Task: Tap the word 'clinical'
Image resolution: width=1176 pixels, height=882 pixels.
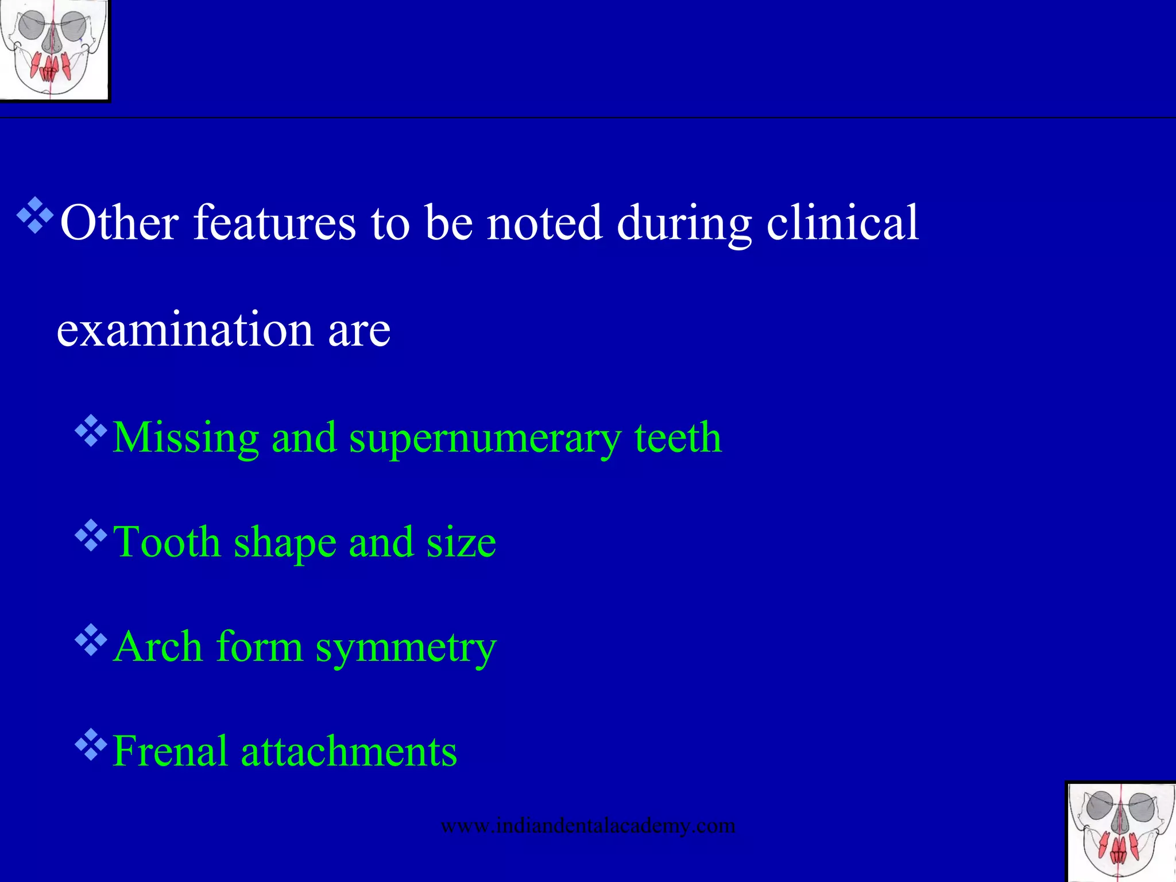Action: [842, 223]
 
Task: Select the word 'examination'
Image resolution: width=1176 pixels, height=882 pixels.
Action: [185, 330]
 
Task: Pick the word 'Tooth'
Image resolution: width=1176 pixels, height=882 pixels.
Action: [167, 542]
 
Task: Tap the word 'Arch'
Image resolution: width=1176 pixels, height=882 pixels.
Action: [158, 647]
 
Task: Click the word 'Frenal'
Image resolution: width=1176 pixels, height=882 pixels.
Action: [170, 751]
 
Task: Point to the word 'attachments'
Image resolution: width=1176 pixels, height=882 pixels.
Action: [349, 751]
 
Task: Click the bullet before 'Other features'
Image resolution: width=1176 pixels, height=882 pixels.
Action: [35, 215]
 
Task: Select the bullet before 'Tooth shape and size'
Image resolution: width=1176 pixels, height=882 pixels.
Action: [91, 535]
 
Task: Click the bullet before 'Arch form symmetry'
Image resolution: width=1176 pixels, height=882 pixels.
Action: [91, 640]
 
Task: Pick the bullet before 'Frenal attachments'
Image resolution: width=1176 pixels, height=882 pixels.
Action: [91, 744]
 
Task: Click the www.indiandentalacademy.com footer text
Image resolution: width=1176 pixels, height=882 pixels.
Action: [587, 826]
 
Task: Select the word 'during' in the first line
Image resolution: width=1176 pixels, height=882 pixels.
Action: [684, 224]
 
